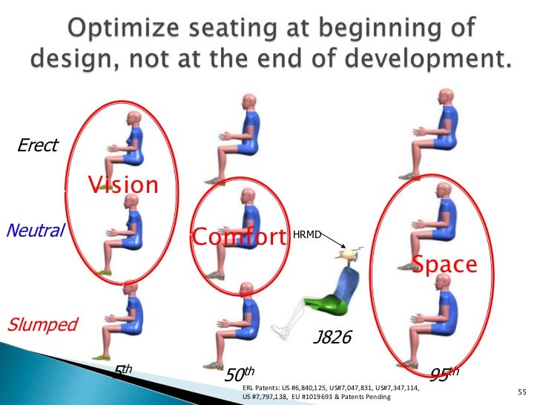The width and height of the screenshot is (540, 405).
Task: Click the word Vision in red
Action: point(124,185)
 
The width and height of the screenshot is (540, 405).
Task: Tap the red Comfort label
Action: point(239,237)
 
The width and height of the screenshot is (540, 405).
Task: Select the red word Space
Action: point(444,265)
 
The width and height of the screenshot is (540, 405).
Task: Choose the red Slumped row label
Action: point(42,324)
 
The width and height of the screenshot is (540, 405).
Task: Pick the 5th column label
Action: point(122,370)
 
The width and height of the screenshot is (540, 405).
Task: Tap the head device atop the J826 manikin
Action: point(350,254)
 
